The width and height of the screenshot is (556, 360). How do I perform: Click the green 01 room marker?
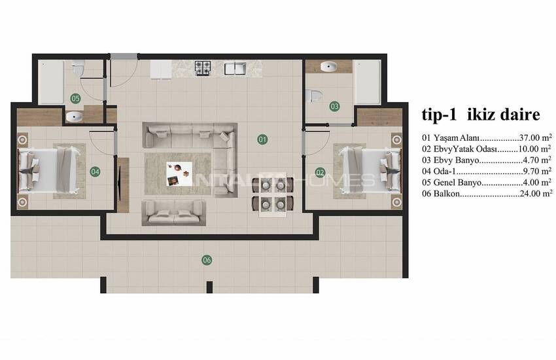tap(262, 139)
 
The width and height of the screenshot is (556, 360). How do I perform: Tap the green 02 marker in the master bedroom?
tap(320, 173)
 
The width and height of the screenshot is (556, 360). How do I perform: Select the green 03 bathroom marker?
tap(334, 106)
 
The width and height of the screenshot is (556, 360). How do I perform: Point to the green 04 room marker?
tap(95, 172)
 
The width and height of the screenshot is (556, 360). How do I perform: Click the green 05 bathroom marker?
tap(75, 98)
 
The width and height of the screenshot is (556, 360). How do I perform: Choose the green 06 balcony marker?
tap(207, 260)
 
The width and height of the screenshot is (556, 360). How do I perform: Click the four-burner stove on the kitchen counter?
tap(203, 68)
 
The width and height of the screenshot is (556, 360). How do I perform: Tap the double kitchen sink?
tap(235, 68)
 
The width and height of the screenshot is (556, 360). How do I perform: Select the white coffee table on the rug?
tap(179, 174)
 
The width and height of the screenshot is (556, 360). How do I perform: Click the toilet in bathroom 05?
tap(78, 69)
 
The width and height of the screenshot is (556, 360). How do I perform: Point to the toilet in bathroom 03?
tap(313, 96)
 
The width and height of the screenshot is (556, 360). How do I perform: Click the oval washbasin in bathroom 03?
tap(329, 66)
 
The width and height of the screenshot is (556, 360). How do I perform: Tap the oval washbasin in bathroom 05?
tap(74, 117)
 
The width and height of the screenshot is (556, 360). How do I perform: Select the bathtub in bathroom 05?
tap(51, 82)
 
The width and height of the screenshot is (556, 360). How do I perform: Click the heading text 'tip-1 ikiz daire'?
tap(481, 115)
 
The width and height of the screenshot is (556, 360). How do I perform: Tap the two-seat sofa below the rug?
tap(174, 213)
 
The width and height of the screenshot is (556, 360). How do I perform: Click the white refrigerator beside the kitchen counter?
tap(161, 69)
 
